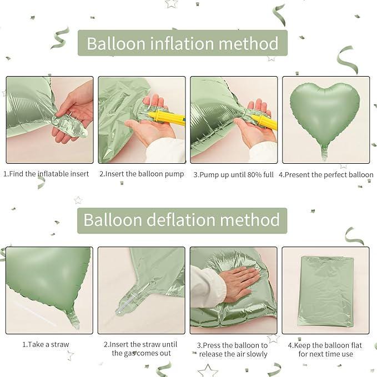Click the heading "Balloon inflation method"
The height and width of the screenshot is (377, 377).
click(x=182, y=43)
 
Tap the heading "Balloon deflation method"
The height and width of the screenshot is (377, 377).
click(x=181, y=220)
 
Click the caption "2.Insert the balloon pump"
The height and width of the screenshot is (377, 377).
click(x=142, y=174)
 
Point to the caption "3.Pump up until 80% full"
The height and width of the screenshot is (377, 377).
click(x=233, y=174)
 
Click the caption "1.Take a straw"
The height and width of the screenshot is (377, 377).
click(x=46, y=344)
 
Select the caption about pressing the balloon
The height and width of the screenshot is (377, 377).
click(x=233, y=349)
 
